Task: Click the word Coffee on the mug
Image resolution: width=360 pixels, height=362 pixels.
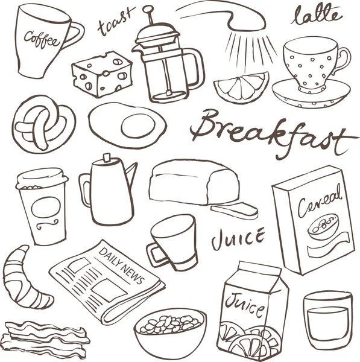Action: [x=42, y=39]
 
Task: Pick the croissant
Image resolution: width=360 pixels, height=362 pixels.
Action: [x=27, y=278]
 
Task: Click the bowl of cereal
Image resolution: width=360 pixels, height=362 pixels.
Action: [x=170, y=331]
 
